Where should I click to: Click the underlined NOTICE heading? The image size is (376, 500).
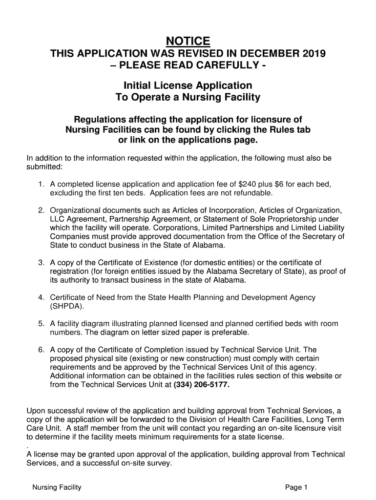coord(188,41)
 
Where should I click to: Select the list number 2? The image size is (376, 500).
coord(42,210)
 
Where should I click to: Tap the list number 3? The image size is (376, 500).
coord(42,263)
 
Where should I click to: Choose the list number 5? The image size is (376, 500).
coord(42,324)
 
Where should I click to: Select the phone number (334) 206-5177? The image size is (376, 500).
coord(201,385)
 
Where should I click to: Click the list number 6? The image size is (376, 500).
coord(42,350)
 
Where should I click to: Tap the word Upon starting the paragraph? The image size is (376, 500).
coord(36,411)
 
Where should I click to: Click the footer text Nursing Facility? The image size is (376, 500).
coord(57,487)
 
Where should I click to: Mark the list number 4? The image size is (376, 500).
coord(42,298)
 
